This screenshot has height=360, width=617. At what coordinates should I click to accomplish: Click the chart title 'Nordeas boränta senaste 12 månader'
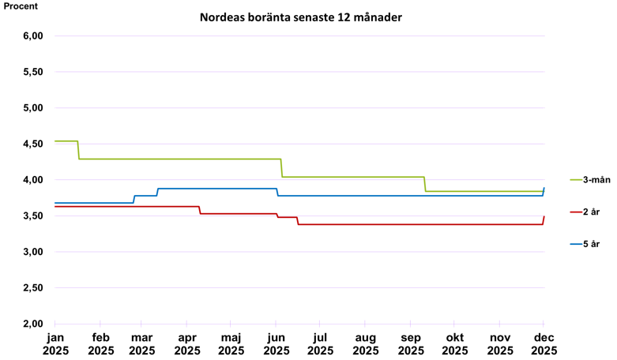(300, 17)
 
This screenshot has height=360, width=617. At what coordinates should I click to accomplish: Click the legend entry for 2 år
(589, 212)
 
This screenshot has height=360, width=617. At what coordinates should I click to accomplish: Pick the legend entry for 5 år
(589, 244)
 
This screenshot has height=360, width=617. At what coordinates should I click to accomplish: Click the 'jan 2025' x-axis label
(55, 345)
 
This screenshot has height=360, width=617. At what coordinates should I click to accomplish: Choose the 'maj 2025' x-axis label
(231, 345)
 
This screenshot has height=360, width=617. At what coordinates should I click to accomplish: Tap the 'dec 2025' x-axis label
(544, 345)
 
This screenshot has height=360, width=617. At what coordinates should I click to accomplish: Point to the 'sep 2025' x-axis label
(410, 345)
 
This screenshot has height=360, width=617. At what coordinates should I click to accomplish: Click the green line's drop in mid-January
(78, 150)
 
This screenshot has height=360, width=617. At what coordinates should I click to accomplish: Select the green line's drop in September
(425, 184)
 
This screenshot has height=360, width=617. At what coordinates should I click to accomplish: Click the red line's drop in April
(200, 210)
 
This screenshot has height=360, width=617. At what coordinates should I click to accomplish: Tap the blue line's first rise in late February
(134, 199)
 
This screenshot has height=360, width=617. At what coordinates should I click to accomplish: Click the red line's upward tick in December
(544, 219)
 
